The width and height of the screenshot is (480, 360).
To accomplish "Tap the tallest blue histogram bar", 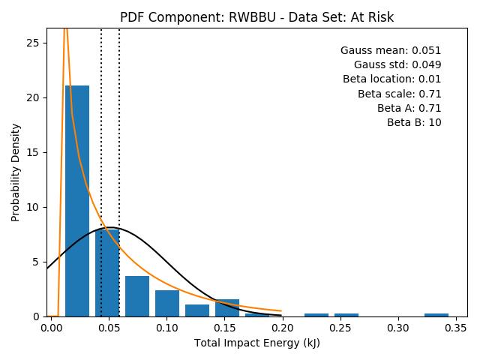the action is tap(77, 201).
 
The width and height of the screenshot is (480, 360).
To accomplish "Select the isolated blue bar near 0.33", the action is tap(436, 315).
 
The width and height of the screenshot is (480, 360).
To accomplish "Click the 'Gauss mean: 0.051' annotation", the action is tap(391, 50).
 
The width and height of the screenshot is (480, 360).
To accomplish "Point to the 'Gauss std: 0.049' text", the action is tap(397, 64).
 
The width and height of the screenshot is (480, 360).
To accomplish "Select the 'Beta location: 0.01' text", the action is tap(391, 79).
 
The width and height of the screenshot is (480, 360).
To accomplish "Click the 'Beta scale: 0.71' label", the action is tap(400, 94).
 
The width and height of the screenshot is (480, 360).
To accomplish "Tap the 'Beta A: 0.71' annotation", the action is tap(409, 108).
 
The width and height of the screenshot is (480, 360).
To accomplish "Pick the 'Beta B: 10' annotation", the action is tap(414, 122).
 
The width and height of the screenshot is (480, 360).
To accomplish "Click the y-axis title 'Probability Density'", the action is tap(15, 172).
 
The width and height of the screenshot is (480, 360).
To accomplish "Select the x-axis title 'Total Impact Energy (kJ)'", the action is tap(257, 343).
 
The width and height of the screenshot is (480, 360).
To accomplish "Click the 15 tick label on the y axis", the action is tap(32, 152).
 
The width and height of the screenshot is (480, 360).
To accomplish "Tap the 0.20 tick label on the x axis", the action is tap(282, 328).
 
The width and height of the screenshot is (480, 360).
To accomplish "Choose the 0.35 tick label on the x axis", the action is tap(456, 328).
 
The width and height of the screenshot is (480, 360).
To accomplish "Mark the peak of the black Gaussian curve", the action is tap(110, 227).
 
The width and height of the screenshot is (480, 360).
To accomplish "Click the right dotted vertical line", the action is tap(119, 172).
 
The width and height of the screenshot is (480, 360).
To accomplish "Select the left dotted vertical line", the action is tap(101, 172).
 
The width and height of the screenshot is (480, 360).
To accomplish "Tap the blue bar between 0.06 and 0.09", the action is tap(137, 296).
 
